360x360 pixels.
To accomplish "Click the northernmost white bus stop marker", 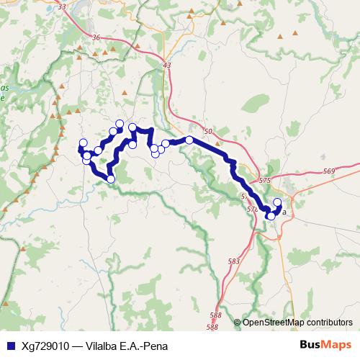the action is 120,123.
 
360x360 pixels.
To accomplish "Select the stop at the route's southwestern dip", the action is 111,179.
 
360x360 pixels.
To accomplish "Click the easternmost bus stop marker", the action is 278,202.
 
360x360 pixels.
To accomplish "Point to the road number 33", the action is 60,6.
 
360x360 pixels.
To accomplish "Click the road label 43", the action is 168,66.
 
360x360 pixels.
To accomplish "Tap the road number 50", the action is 208,132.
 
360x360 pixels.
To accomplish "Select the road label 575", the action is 265,181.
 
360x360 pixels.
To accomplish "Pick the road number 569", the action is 329,171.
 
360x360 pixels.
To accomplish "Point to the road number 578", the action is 252,209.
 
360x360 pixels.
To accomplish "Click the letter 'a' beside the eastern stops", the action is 284,212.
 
